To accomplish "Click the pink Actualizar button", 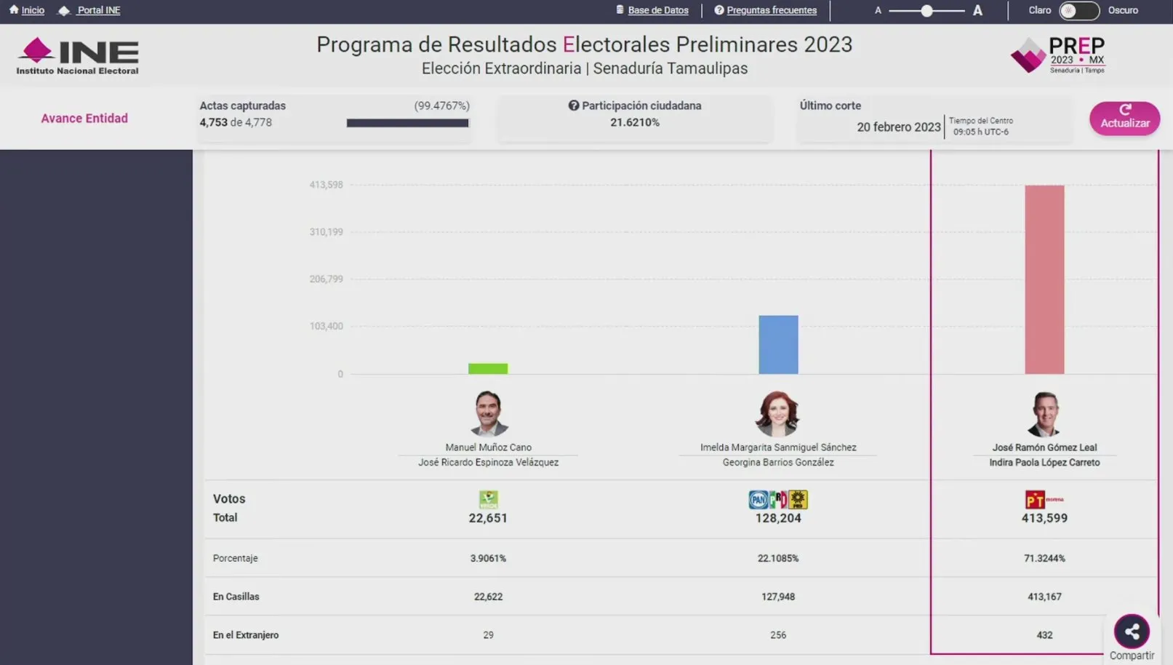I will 1124,118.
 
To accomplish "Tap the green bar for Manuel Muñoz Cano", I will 488,369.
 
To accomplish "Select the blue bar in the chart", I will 778,345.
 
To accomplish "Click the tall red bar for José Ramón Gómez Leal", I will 1044,279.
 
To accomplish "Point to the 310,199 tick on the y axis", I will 326,232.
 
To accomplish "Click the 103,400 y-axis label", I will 326,326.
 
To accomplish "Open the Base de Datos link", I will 657,10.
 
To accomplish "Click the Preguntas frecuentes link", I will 771,10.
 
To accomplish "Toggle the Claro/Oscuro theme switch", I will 1078,10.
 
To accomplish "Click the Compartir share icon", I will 1132,632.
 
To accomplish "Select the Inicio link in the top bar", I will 32,10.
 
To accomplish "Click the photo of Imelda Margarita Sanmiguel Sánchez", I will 777,413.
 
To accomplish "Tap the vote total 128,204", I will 778,518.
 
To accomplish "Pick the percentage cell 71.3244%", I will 1044,558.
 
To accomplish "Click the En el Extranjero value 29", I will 488,635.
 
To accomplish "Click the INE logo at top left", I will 78,55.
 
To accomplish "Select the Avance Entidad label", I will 84,118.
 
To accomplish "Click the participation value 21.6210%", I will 635,122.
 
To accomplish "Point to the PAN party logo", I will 758,499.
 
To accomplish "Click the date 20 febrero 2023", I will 898,127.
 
